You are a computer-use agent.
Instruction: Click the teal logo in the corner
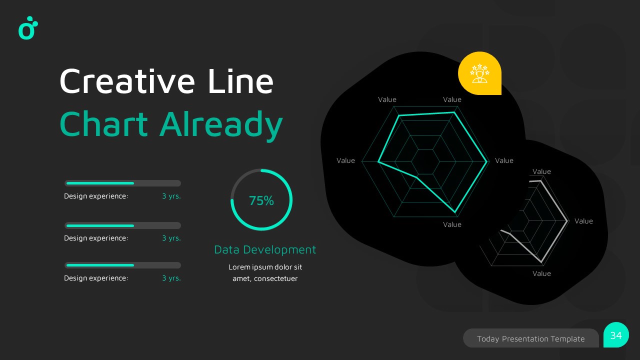pyautogui.click(x=28, y=28)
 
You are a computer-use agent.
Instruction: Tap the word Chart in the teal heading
pyautogui.click(x=103, y=124)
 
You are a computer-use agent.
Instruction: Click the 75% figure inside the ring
pyautogui.click(x=261, y=201)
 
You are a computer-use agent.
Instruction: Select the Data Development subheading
pyautogui.click(x=265, y=249)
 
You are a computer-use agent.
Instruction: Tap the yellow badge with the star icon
pyautogui.click(x=479, y=73)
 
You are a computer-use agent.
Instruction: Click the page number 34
pyautogui.click(x=616, y=335)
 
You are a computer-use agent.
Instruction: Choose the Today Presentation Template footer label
pyautogui.click(x=530, y=338)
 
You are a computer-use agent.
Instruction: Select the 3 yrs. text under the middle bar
pyautogui.click(x=171, y=238)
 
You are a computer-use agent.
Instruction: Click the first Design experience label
pyautogui.click(x=96, y=196)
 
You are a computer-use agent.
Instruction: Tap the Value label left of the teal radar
pyautogui.click(x=345, y=160)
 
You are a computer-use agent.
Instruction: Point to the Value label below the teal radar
pyautogui.click(x=452, y=224)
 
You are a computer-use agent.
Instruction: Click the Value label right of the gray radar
pyautogui.click(x=583, y=221)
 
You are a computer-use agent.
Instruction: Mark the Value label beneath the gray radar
pyautogui.click(x=541, y=273)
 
